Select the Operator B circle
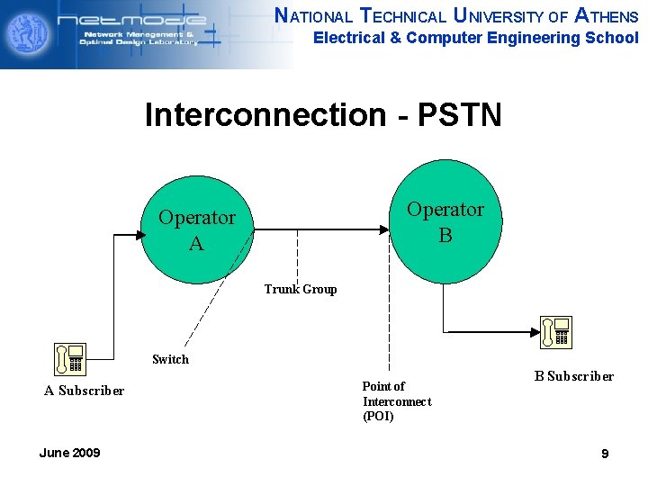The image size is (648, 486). pos(445,221)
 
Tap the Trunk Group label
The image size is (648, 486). pos(301,289)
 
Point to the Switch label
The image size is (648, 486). pos(170,359)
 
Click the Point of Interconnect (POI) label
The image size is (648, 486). pos(396,400)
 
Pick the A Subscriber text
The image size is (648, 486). pos(85,390)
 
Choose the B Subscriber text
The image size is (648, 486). pos(573,376)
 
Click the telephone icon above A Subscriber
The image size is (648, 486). pos(69,358)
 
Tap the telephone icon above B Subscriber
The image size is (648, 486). pos(556,331)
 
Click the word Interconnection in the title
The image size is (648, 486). pos(265,115)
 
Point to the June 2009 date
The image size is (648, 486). pos(69,453)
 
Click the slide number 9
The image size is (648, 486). pos(605,454)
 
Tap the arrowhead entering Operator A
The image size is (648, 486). pos(139,234)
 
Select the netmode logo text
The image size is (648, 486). pos(144,20)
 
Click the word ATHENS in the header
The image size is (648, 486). pos(606,16)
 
